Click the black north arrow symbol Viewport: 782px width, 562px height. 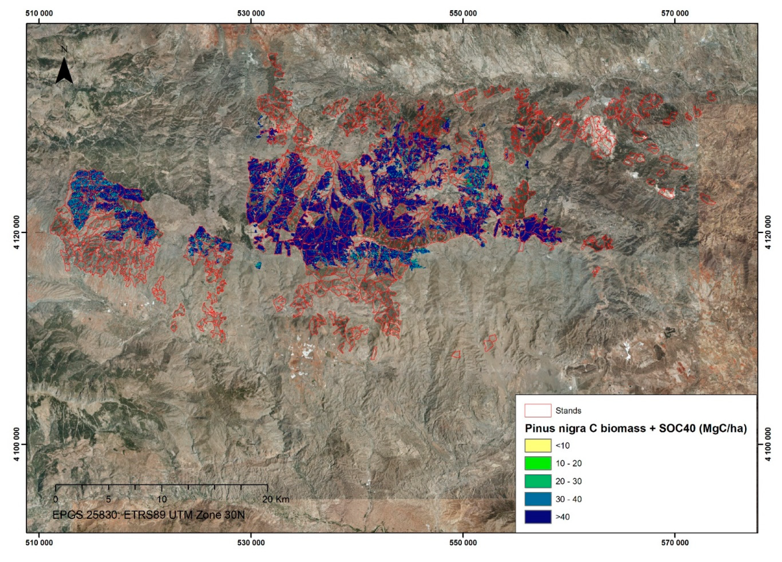(64, 71)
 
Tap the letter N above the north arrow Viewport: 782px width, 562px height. (64, 49)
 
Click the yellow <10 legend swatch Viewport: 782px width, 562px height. (538, 445)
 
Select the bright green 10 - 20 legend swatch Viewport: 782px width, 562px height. (538, 463)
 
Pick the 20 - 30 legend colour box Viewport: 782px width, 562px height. (538, 481)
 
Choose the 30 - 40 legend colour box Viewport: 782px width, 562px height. (538, 499)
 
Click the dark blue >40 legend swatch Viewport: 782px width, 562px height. (538, 517)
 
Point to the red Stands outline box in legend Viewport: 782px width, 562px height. (538, 411)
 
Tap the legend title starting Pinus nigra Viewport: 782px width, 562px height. (635, 429)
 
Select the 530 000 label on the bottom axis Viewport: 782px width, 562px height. (251, 543)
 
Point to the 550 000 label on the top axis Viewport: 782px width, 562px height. (463, 13)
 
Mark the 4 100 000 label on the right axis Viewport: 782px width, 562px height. (768, 444)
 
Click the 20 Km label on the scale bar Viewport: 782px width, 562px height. (276, 499)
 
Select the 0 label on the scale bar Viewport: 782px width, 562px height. (55, 499)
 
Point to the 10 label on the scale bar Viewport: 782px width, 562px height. (162, 499)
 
